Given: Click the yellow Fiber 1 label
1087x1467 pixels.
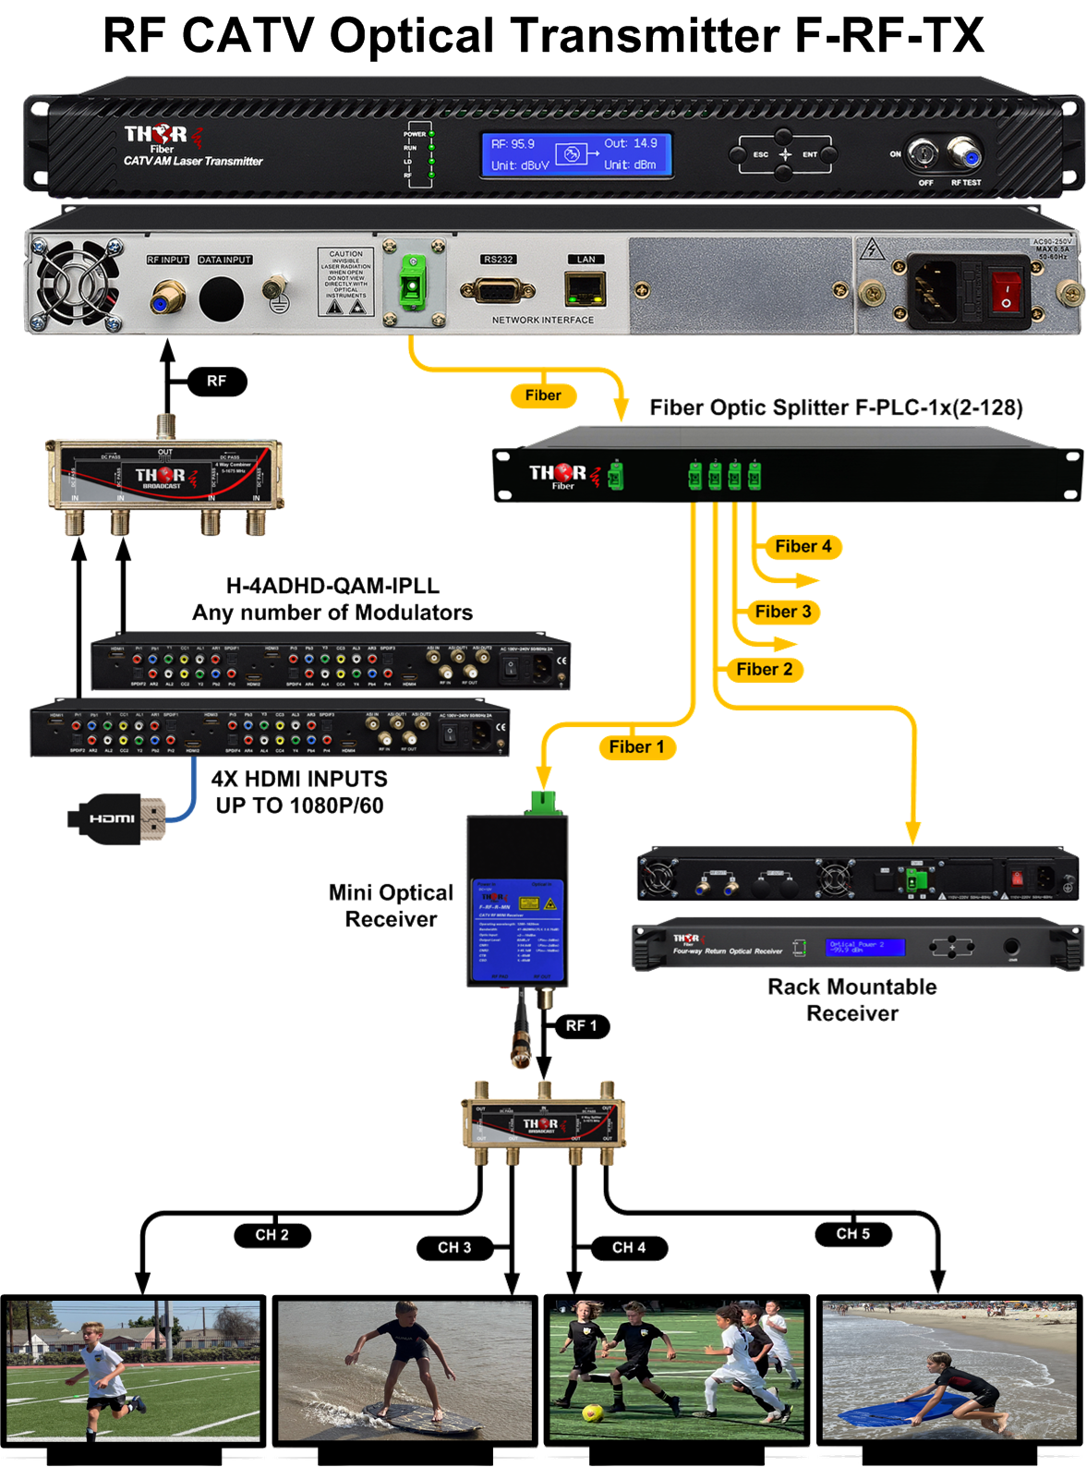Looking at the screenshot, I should (636, 746).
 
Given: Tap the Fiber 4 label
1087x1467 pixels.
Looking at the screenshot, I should (803, 546).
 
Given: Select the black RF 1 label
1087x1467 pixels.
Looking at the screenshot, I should (581, 1025).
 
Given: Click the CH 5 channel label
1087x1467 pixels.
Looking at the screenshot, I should (852, 1233).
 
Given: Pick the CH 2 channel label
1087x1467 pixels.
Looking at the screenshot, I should (272, 1234).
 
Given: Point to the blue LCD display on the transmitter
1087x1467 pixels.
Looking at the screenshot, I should (574, 154).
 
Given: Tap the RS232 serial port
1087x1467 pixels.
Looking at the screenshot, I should (498, 291).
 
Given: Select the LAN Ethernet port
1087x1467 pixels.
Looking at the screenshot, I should (586, 289).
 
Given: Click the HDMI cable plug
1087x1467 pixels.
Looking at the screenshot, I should (115, 818).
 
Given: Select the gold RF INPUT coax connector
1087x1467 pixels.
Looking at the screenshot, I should (168, 297).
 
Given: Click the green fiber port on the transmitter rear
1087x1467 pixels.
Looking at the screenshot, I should (413, 281).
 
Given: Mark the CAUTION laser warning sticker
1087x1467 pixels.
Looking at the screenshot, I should (345, 281).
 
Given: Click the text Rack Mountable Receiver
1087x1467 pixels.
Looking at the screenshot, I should (851, 1000).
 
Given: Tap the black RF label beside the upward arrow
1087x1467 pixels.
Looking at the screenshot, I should (216, 381).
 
